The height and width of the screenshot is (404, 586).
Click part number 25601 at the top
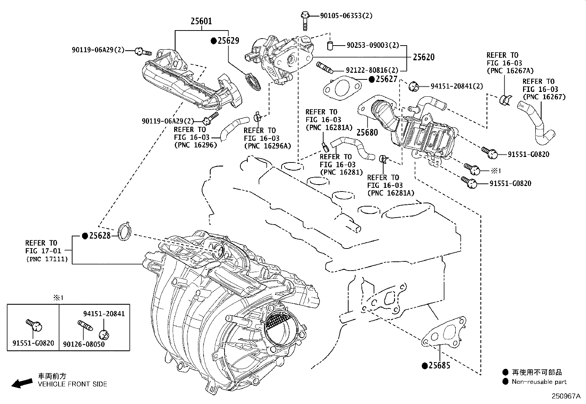click(x=201, y=21)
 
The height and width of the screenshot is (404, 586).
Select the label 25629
click(x=228, y=41)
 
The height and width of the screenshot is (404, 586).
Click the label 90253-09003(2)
click(x=373, y=46)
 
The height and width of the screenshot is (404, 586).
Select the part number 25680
click(x=367, y=132)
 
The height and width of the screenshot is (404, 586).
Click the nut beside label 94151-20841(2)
click(x=414, y=86)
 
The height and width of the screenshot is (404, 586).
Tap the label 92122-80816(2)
click(x=372, y=70)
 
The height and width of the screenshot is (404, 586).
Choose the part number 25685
click(x=439, y=365)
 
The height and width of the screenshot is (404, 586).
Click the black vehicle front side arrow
click(x=21, y=383)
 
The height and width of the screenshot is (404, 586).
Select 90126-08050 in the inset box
click(x=84, y=344)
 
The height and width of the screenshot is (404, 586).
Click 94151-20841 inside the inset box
click(x=104, y=314)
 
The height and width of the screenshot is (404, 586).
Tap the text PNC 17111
click(x=47, y=259)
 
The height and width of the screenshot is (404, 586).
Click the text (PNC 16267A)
click(x=510, y=71)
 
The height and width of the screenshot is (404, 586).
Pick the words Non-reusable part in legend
click(x=539, y=382)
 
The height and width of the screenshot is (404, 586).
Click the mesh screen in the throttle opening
click(x=278, y=322)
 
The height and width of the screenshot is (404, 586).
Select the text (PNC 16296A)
click(x=267, y=146)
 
